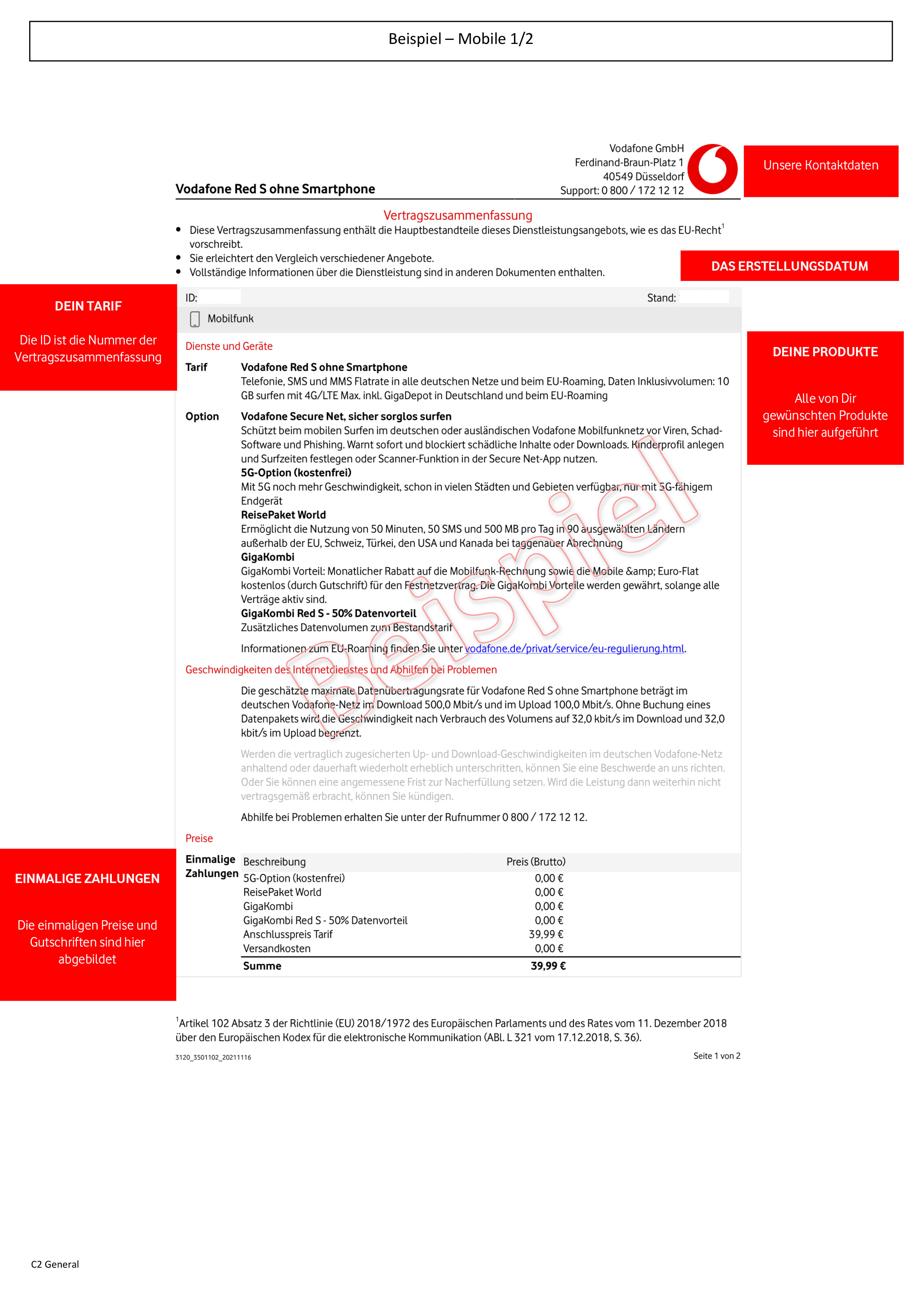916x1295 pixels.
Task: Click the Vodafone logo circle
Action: (x=713, y=169)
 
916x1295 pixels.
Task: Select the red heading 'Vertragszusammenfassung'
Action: (x=458, y=216)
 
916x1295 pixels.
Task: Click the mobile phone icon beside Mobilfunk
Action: (x=195, y=319)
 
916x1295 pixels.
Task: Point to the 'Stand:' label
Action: (x=661, y=298)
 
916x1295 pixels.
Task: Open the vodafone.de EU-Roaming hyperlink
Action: (x=574, y=649)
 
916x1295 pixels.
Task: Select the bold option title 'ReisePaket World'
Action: (x=283, y=515)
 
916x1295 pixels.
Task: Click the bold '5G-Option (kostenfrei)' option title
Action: (x=296, y=473)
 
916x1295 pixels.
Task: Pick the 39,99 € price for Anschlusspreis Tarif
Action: (x=546, y=935)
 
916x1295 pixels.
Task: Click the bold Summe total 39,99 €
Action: (x=548, y=966)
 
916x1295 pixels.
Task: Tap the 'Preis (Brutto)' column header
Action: (x=536, y=862)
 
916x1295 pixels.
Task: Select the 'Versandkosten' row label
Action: (x=276, y=949)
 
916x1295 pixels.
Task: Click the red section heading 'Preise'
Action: (x=199, y=839)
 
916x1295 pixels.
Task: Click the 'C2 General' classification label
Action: (x=55, y=1264)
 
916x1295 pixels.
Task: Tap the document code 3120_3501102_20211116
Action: (x=213, y=1058)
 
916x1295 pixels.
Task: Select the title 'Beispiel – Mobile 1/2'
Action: (x=460, y=39)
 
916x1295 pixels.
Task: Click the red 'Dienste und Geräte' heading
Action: (x=229, y=346)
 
